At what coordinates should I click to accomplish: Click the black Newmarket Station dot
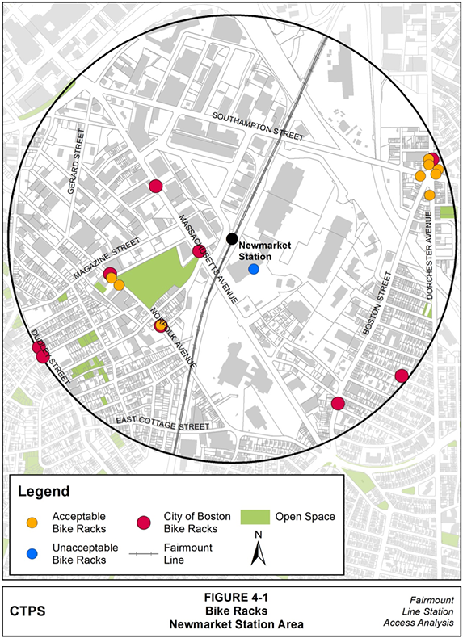coord(232,238)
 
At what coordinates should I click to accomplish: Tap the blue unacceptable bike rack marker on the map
coord(254,269)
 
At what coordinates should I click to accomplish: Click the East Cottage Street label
coord(161,422)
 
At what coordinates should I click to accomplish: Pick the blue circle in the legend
coord(32,552)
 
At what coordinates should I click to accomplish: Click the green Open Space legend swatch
coord(255,517)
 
